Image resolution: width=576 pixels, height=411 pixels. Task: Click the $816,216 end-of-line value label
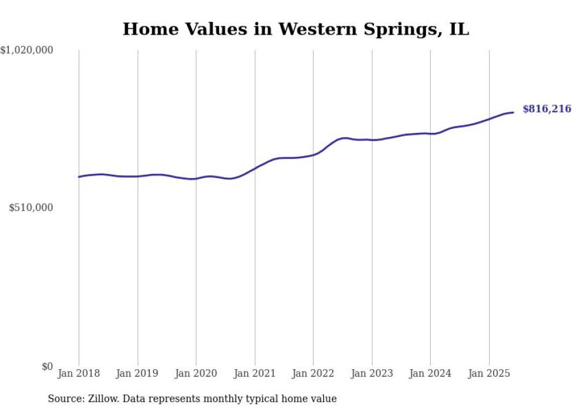click(x=546, y=109)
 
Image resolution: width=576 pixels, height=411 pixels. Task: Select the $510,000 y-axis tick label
click(x=31, y=208)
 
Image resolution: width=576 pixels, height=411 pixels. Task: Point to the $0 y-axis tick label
click(x=47, y=366)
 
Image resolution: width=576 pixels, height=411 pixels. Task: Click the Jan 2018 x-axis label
click(x=79, y=373)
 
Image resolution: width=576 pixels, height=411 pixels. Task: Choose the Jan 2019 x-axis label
click(x=138, y=373)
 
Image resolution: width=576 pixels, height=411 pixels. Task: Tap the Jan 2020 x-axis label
click(x=196, y=373)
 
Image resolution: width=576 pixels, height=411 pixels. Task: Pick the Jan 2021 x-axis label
click(x=254, y=373)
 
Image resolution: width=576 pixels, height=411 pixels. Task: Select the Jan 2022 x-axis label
click(x=313, y=373)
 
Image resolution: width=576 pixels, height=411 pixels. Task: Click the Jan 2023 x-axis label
click(x=371, y=373)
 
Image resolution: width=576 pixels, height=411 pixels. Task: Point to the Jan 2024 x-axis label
click(x=430, y=373)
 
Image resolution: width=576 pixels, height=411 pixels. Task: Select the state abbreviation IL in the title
click(x=459, y=29)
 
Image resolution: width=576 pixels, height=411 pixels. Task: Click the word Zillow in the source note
click(x=99, y=399)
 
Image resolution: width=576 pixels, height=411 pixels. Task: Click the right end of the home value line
click(x=513, y=112)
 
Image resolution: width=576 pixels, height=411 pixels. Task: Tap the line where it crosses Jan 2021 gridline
click(x=254, y=168)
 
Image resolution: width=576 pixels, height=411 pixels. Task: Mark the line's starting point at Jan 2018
click(x=79, y=177)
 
